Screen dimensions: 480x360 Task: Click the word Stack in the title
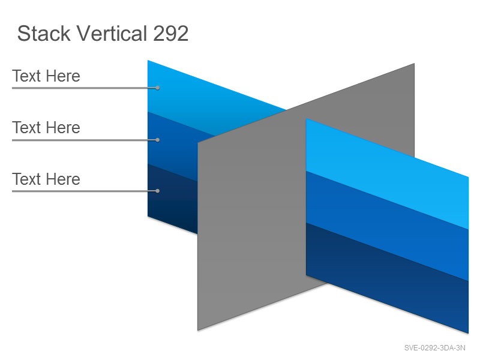[x=44, y=33]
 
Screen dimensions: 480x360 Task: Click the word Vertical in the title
[x=112, y=33]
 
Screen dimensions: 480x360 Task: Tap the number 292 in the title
[x=170, y=33]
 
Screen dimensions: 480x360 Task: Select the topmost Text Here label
[x=46, y=76]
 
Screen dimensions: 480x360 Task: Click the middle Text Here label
[x=46, y=128]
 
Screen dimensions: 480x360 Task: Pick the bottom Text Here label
[x=46, y=179]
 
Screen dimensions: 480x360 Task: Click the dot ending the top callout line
[x=157, y=88]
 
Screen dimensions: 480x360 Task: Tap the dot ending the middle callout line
[x=157, y=140]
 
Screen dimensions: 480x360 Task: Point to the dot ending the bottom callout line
[x=157, y=191]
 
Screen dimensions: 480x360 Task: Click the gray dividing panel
[x=251, y=214]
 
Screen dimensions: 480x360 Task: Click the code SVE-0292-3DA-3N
[x=434, y=348]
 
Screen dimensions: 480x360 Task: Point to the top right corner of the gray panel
[x=414, y=64]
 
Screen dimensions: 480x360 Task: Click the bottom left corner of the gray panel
[x=198, y=331]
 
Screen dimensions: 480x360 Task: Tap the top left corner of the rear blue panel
[x=148, y=61]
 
